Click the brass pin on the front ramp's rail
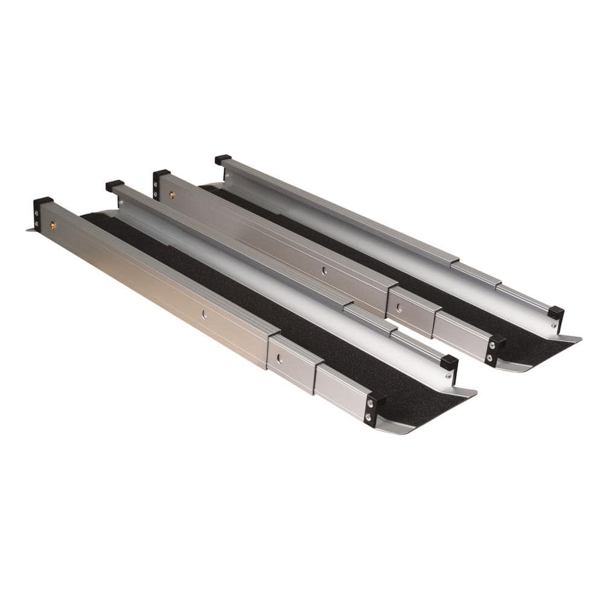(52, 225)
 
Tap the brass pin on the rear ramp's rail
(171, 195)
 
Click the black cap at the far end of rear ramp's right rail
(223, 160)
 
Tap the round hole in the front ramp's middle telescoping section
(279, 358)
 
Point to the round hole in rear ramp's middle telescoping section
(399, 308)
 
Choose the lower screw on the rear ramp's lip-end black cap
(490, 356)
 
